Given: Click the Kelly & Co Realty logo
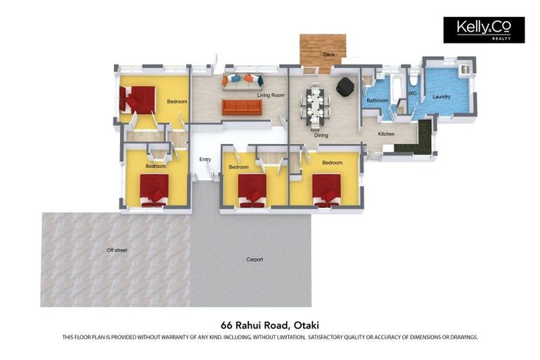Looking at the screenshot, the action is coord(484,30).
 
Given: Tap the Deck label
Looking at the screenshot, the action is coord(329,54).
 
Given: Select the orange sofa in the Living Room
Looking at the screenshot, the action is coord(242,108).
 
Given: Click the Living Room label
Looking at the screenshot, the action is coord(271,95).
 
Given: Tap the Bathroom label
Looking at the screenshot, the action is coord(378,101).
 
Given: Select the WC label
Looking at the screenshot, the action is coord(413,94).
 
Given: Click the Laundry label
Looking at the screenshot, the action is coord(442,97).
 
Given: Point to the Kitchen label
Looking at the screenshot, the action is coord(387,134).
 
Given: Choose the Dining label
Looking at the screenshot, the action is coord(321,136).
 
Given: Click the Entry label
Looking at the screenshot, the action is coord(205,160).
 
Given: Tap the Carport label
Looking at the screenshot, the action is coord(255,259).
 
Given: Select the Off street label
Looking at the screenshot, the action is coord(117,250).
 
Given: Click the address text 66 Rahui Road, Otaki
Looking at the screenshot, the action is coord(270,326).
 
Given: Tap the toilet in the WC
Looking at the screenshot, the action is coord(413,79).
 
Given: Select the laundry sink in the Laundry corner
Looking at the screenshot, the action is coord(465,70).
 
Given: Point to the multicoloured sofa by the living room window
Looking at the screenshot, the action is coord(243,82).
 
